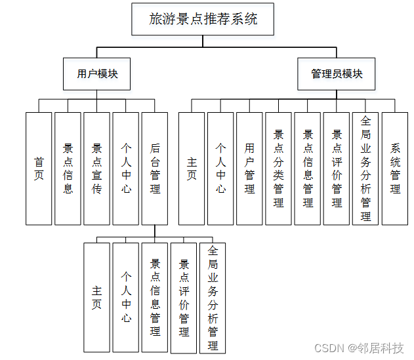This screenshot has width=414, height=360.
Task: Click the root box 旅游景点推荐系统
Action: (x=202, y=19)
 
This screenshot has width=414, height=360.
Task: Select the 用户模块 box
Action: (x=96, y=74)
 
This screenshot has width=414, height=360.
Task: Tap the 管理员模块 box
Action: (x=337, y=74)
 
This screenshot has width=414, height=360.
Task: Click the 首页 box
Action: (x=39, y=168)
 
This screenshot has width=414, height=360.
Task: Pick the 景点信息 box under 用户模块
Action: (x=68, y=168)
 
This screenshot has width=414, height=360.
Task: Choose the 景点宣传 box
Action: (x=96, y=168)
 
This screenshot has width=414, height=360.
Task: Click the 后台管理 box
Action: (x=154, y=168)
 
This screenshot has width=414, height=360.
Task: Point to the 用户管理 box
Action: (x=249, y=168)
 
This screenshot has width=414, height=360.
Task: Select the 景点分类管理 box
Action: (x=278, y=168)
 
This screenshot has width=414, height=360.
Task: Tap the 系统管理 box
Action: (x=395, y=168)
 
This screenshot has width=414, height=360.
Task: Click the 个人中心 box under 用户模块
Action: (x=125, y=168)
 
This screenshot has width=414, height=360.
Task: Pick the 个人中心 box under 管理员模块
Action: (x=220, y=168)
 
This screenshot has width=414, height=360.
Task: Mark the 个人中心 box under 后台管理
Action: (x=125, y=298)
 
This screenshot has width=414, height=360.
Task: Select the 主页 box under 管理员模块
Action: (x=192, y=168)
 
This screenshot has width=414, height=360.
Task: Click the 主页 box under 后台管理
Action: (x=96, y=298)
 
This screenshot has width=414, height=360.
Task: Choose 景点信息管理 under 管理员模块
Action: (x=308, y=168)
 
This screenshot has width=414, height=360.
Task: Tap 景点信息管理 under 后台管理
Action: (x=154, y=298)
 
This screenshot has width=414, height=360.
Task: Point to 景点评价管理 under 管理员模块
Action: (x=337, y=168)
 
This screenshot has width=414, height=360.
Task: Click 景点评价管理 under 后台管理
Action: (x=183, y=298)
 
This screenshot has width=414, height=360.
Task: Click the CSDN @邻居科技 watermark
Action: (x=359, y=348)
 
